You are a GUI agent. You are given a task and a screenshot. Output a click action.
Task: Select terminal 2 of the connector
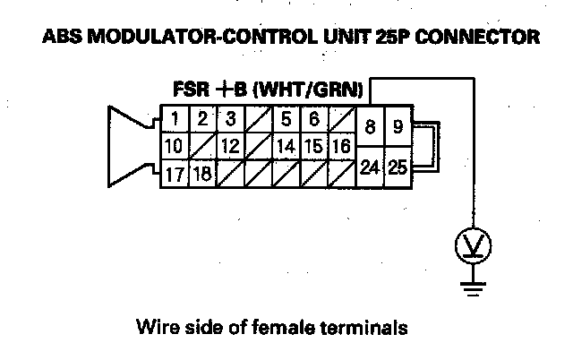[x=203, y=119]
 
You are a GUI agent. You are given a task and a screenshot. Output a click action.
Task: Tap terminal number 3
[x=231, y=119]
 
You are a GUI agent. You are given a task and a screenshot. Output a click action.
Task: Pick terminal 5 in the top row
[x=286, y=119]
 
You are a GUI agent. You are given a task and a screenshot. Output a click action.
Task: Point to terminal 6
[x=314, y=119]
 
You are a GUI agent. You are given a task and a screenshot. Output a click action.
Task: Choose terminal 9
[x=398, y=127]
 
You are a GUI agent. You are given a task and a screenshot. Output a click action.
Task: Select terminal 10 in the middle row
[x=175, y=145]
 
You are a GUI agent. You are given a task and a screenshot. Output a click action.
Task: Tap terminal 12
[x=230, y=145]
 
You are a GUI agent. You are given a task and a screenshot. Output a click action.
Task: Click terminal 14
[x=286, y=145]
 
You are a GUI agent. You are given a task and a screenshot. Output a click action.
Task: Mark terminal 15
[x=313, y=145]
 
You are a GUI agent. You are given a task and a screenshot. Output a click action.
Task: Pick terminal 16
[x=340, y=145]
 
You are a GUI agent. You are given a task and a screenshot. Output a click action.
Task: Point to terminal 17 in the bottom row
[x=175, y=172]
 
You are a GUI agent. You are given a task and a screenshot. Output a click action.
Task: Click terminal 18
[x=203, y=172]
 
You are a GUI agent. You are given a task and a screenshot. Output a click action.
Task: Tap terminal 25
[x=398, y=167]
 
